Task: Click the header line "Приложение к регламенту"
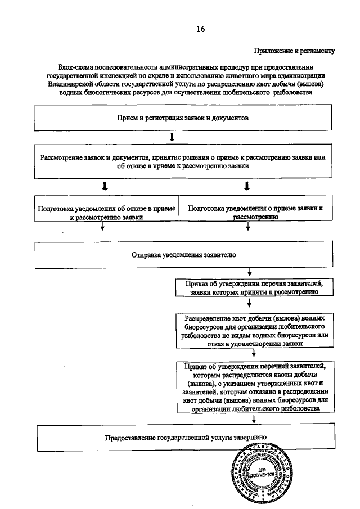click(294, 51)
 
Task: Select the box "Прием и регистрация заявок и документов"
click(180, 119)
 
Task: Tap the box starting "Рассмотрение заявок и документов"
click(182, 161)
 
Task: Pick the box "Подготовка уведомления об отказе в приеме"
click(106, 211)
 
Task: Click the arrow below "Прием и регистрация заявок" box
click(172, 137)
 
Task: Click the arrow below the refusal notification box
click(102, 227)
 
